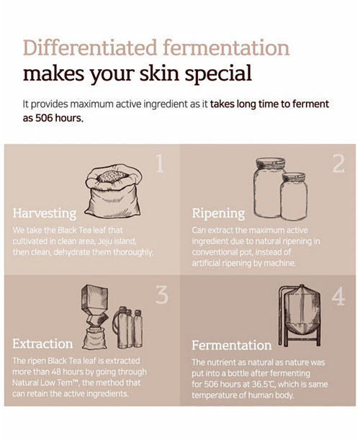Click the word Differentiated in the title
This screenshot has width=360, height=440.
90,48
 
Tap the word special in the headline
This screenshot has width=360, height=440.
219,74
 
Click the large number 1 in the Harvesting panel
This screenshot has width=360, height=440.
159,163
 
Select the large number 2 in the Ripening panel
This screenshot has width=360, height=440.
338,163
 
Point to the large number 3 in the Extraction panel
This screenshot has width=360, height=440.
162,295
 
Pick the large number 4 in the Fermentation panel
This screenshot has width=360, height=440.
338,296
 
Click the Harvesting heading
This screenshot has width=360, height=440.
45,213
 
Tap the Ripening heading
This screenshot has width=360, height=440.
218,213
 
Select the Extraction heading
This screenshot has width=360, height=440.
42,344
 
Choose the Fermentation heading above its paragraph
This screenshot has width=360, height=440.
232,345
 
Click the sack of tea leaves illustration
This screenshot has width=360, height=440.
113,191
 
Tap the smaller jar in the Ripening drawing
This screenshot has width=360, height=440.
294,196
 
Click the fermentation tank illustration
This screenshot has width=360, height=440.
300,315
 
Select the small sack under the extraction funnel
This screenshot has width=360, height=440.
94,338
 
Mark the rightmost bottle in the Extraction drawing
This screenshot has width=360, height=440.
138,328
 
